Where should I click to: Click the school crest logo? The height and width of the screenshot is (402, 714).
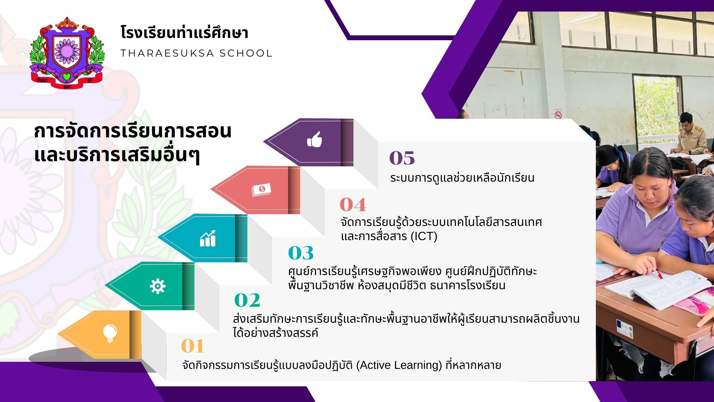click(67, 52)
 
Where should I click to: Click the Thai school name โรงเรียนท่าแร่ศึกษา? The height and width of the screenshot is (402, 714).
click(184, 32)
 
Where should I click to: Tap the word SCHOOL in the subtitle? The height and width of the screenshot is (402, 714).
click(246, 53)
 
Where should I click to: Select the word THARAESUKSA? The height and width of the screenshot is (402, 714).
click(167, 53)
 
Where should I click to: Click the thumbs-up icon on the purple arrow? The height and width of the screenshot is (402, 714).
click(315, 140)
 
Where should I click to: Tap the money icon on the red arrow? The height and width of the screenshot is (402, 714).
click(261, 189)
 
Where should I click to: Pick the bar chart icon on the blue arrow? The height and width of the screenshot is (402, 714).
click(208, 238)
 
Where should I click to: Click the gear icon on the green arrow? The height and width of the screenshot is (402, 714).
click(157, 286)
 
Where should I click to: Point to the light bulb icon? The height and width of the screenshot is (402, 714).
click(110, 333)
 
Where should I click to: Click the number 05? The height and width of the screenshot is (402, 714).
click(402, 158)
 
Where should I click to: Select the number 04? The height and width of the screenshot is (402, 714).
click(353, 204)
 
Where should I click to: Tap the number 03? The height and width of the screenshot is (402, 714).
click(301, 253)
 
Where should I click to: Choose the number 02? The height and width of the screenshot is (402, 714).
click(247, 300)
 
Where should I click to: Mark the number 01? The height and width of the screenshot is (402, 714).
click(193, 346)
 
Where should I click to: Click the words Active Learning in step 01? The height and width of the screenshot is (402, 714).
click(399, 365)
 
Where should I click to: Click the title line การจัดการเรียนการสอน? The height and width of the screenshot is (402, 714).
click(133, 131)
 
